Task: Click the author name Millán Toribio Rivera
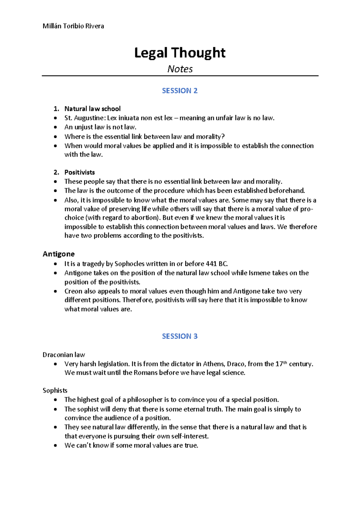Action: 73,26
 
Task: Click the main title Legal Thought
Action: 180,53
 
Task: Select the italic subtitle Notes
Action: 180,69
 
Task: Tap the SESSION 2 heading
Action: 180,91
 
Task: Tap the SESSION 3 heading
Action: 180,336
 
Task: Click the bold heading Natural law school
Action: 92,109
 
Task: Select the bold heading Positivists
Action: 79,172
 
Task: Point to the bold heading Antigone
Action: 58,254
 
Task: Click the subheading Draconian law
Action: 64,355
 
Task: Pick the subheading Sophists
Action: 55,390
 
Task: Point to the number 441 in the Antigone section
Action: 211,264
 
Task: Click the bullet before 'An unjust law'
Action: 55,127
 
